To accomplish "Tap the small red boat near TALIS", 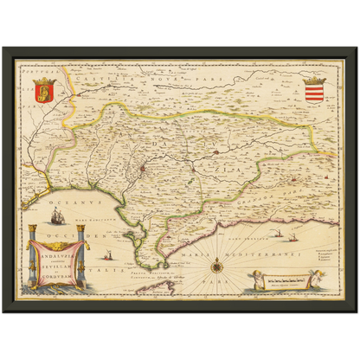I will pos(108,257).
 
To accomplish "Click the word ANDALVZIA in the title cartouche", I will pos(61,252).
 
